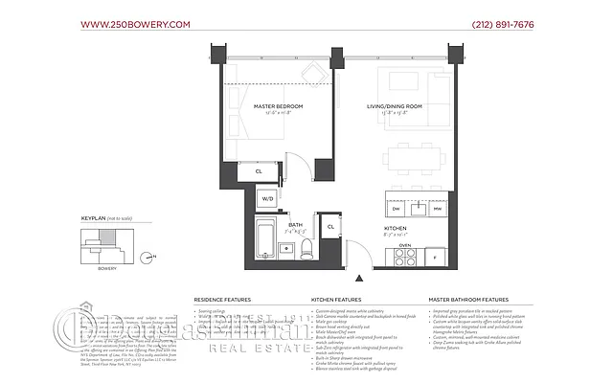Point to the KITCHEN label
396,229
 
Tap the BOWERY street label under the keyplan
107,268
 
